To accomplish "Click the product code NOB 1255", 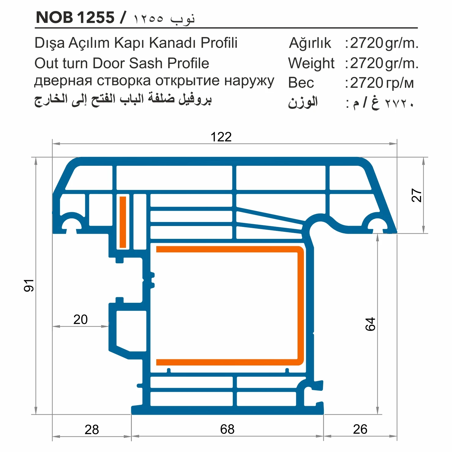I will point(75,17).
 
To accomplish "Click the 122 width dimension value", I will point(221,137).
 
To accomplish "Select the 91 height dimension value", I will point(29,285).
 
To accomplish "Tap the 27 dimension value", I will point(417,195).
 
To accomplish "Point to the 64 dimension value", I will point(370,324).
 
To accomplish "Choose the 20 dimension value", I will point(80,320).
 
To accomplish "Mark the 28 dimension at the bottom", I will point(92,430).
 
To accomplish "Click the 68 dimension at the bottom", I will point(227,429).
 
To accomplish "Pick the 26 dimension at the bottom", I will point(360,429).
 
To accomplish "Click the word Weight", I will point(311,63).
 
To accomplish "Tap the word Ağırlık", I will point(310,43).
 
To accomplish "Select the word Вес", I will point(301,83).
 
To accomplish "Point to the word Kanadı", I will point(173,43).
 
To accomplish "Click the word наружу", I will point(249,81).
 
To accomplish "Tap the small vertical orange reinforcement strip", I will point(123,222).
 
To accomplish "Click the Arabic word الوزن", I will point(303,102).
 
